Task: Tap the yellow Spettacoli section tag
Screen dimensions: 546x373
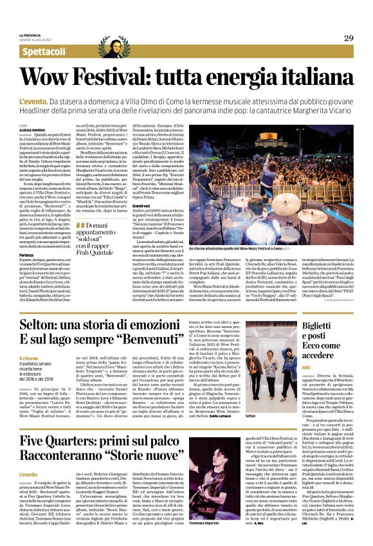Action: (44, 51)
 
